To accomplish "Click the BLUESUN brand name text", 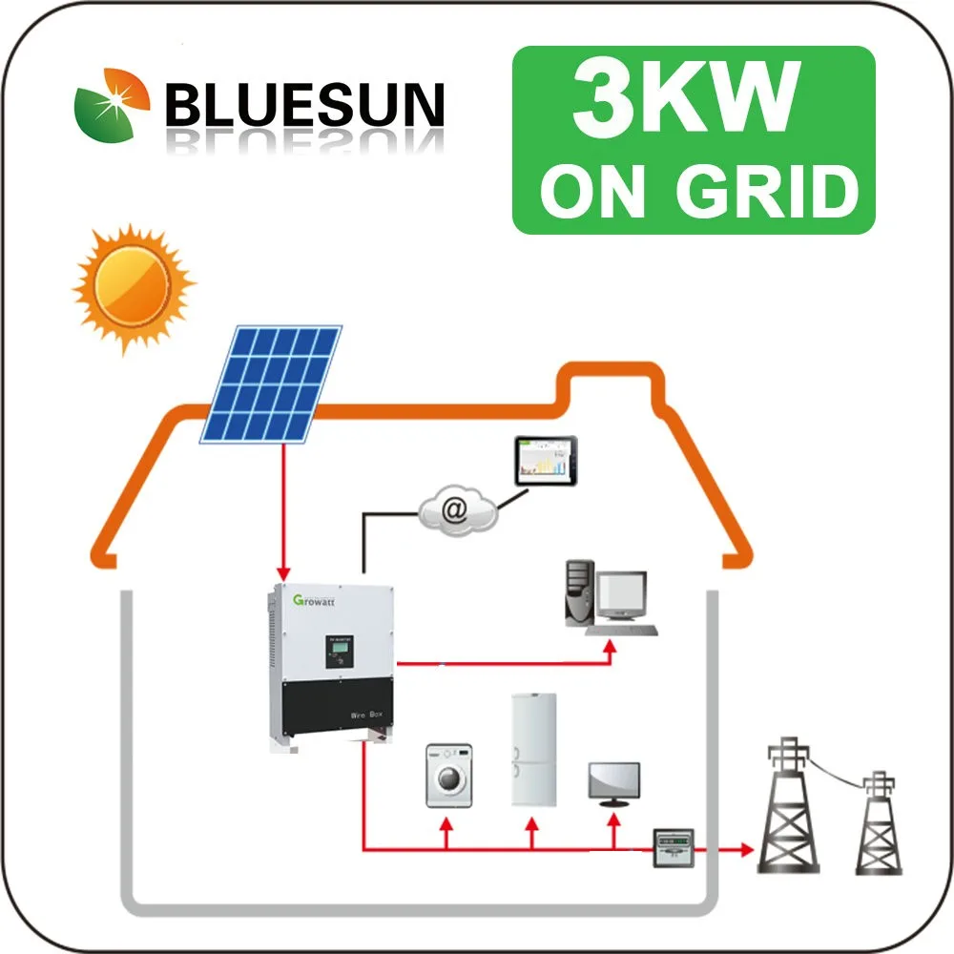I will tap(304, 103).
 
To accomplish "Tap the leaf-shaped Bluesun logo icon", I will tap(114, 105).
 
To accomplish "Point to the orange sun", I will tap(132, 285).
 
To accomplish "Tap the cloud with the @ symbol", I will tap(457, 510).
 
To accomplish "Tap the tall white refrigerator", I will tap(532, 749).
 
